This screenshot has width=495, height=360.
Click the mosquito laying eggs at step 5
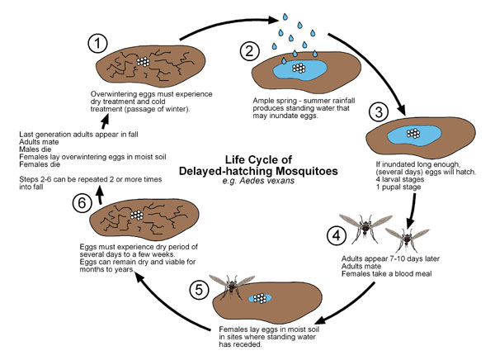point(232,286)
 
